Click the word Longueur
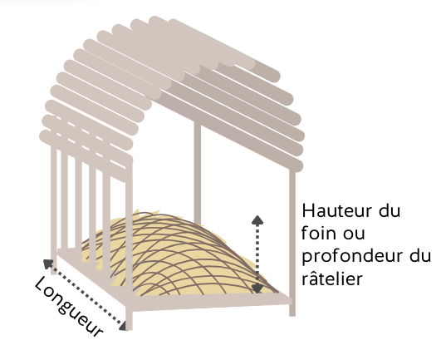tap(69, 306)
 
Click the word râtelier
tap(332, 278)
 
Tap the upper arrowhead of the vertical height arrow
tap(257, 220)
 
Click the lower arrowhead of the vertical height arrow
tap(257, 288)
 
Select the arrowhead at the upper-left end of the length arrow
tap(48, 264)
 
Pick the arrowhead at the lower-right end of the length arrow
tap(123, 325)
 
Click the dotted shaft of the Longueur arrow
tap(86, 294)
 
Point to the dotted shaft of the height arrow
tap(257, 254)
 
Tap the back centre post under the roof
tap(198, 173)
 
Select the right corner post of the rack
tap(292, 242)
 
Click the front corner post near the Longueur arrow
tap(129, 248)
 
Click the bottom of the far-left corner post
tap(53, 272)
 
